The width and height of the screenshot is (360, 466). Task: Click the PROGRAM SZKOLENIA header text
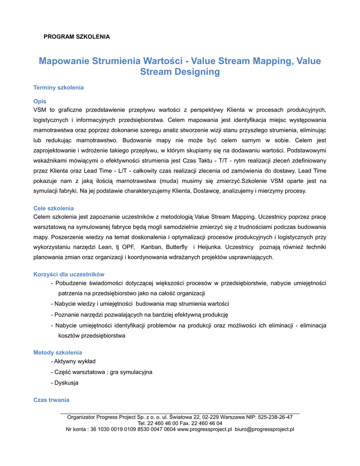(76, 36)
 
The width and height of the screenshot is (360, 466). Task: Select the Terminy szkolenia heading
(59, 87)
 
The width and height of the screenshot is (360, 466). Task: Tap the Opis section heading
(40, 101)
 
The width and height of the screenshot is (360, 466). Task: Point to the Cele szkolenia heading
(54, 208)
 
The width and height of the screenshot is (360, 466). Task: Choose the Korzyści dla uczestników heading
(69, 274)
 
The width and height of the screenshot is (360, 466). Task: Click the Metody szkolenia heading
(58, 353)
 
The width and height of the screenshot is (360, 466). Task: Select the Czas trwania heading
(51, 400)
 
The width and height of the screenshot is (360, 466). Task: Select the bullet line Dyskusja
(66, 383)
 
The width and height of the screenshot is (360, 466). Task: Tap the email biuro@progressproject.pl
(264, 429)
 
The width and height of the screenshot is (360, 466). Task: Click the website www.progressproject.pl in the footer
(204, 429)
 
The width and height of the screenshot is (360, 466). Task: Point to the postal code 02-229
(210, 417)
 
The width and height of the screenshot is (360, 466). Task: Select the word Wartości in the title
(165, 61)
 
